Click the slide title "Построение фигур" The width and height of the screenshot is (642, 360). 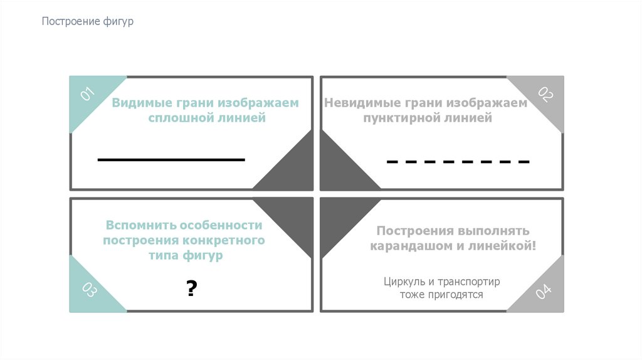click(88, 22)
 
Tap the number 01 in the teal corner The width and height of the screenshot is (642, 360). click(87, 95)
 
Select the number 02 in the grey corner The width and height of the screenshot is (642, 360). click(545, 95)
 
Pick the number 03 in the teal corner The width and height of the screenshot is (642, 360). click(88, 290)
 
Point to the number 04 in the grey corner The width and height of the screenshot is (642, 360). click(544, 290)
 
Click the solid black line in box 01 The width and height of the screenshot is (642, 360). click(171, 160)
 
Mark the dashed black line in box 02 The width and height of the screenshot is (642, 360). click(458, 162)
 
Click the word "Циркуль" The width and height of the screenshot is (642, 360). click(405, 282)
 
